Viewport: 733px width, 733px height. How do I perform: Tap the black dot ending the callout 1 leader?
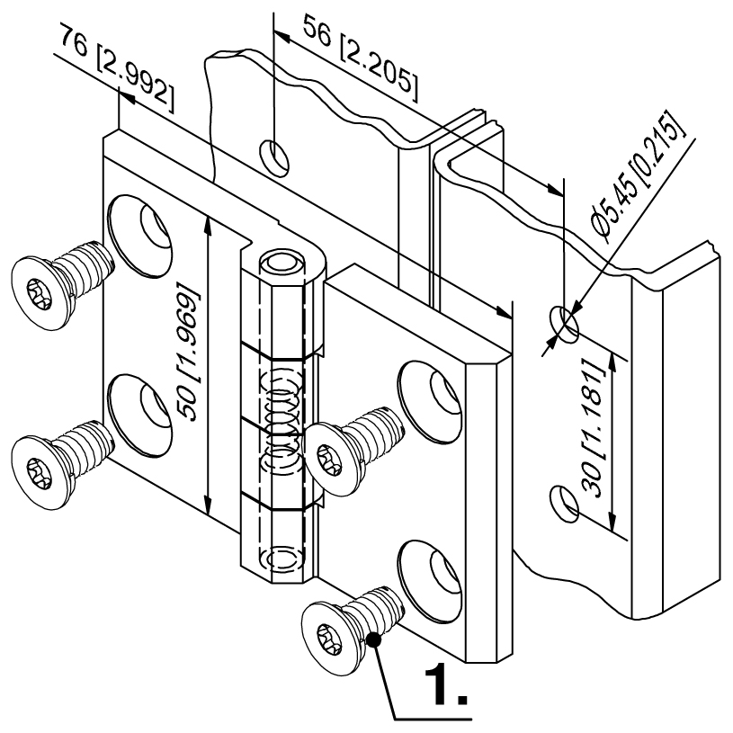pos(373,641)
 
